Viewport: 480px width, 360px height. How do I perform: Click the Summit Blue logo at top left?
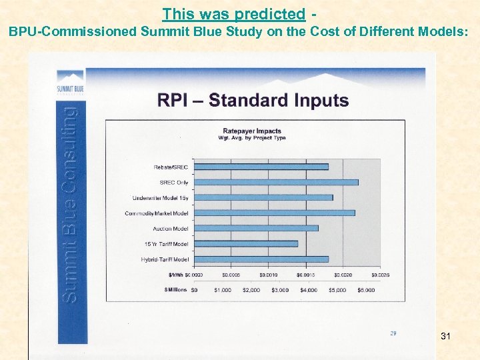coord(70,83)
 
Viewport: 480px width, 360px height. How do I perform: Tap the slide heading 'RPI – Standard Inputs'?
coord(253,101)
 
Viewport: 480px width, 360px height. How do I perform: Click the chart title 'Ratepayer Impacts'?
coord(252,131)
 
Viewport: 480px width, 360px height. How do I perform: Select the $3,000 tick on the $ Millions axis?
coord(279,290)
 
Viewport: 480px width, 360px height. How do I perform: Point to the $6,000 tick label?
coord(365,290)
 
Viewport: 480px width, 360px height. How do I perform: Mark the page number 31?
coord(445,337)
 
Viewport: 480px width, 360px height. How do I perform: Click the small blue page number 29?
coord(393,332)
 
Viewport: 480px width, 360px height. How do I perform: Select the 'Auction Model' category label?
coord(171,229)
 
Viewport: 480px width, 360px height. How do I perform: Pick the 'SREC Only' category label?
coord(174,182)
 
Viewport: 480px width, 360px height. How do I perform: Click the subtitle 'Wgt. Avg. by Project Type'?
coord(252,138)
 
